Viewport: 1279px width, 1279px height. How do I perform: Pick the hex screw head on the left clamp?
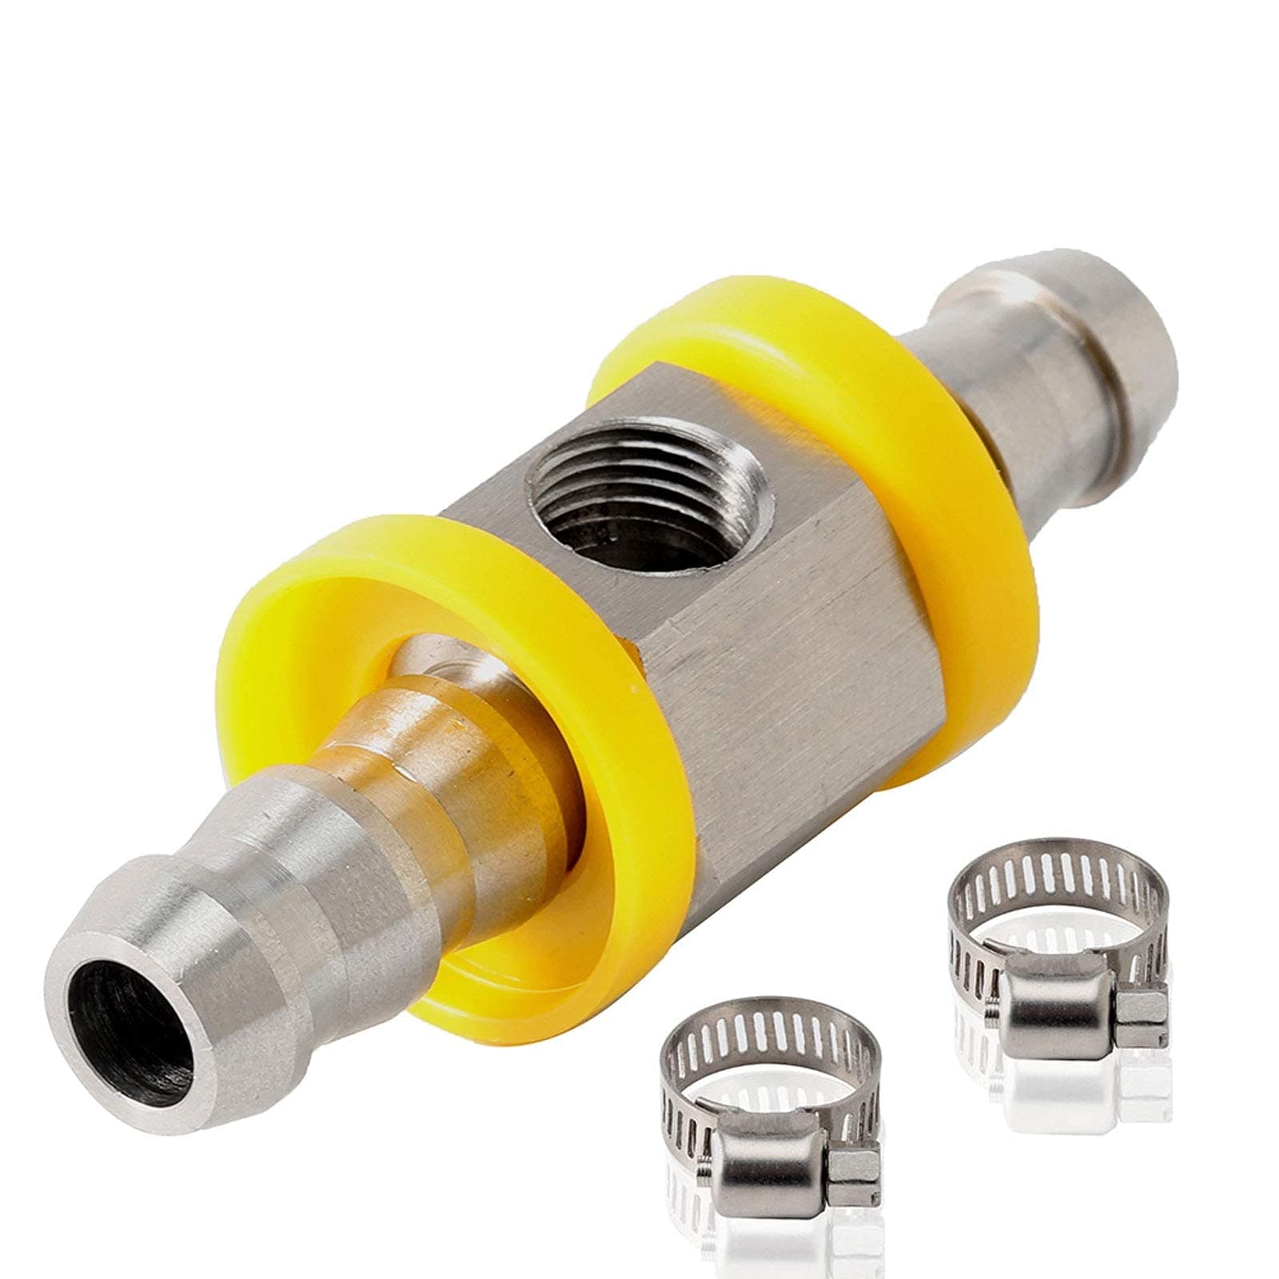[847, 1179]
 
